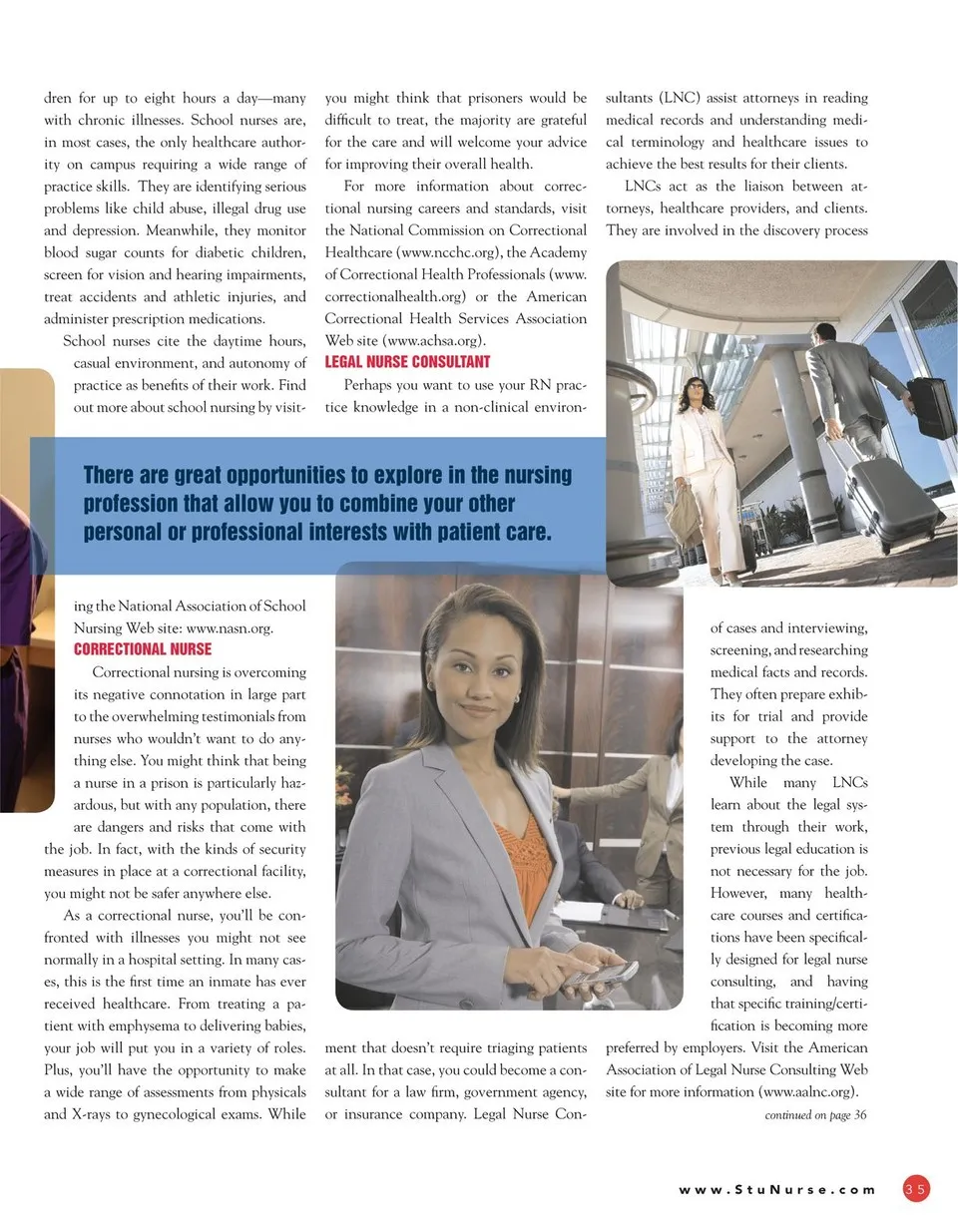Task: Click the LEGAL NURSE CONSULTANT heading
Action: tap(407, 362)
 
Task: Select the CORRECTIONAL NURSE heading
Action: tap(143, 649)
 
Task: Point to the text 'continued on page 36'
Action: tap(815, 1115)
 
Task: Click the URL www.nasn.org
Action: tap(230, 628)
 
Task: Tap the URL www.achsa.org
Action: tap(417, 340)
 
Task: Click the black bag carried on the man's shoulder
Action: tap(930, 406)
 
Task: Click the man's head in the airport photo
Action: tap(824, 332)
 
